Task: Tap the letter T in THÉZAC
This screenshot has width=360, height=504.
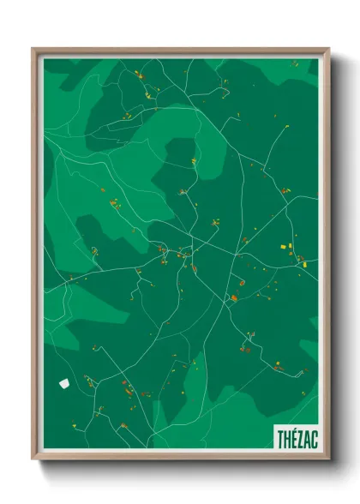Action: [281, 437]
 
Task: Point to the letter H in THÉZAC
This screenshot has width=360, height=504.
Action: [287, 437]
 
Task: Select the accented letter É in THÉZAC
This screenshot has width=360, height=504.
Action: [293, 437]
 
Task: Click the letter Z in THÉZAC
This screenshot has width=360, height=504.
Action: [299, 437]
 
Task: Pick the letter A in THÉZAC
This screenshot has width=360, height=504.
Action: [305, 437]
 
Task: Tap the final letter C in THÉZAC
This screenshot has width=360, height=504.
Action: [312, 437]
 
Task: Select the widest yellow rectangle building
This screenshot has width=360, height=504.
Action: [285, 247]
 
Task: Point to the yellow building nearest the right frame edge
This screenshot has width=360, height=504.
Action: [301, 259]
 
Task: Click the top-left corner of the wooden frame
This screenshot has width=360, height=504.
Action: [33, 49]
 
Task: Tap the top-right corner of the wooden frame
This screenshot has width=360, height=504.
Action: [328, 49]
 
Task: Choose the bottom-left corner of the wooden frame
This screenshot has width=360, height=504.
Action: [33, 460]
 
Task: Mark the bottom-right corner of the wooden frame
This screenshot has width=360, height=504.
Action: [328, 460]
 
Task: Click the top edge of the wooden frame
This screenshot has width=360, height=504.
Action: [180, 51]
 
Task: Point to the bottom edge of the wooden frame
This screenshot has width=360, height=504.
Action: [180, 459]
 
